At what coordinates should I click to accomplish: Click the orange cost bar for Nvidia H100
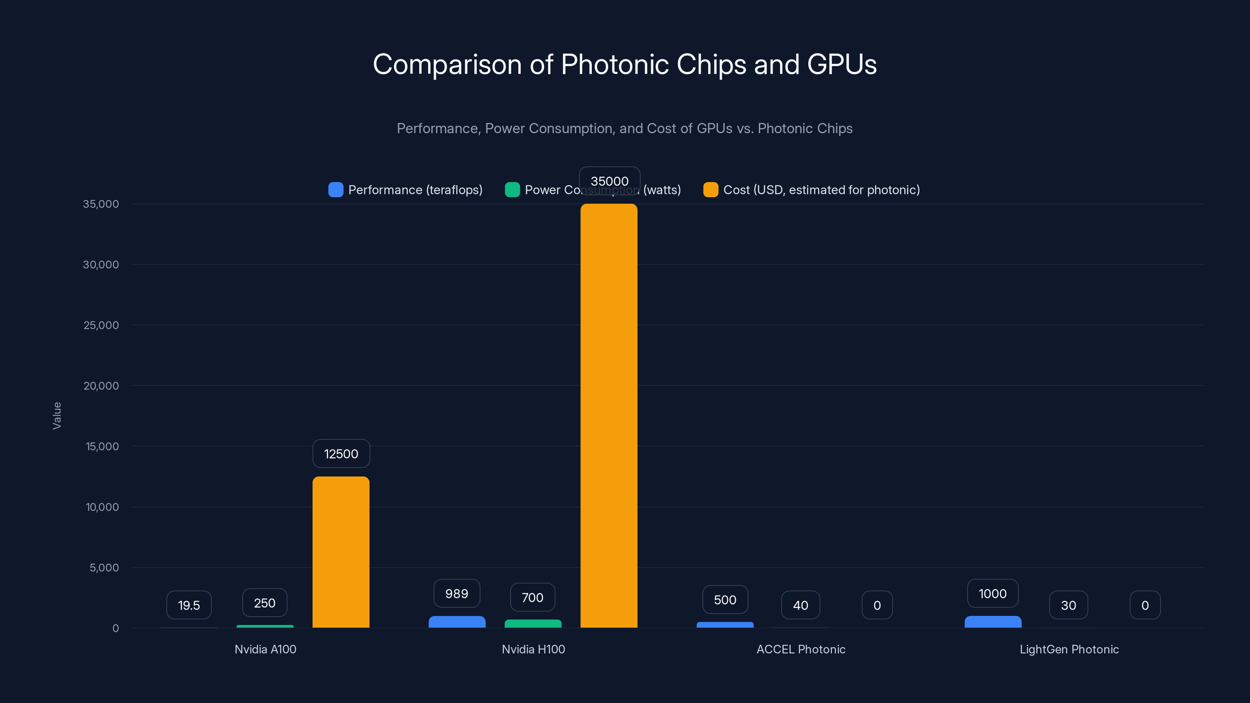tap(609, 417)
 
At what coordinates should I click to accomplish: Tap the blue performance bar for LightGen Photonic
tap(993, 622)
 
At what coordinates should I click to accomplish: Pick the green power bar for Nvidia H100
tap(533, 623)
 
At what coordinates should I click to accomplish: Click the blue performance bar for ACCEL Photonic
tap(725, 625)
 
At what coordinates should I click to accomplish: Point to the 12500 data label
tap(341, 453)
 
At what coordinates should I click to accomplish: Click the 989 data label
tap(457, 593)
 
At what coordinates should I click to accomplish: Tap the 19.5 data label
tap(189, 605)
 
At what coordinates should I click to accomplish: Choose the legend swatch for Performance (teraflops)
tap(336, 190)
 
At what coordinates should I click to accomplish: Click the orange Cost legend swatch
tap(711, 190)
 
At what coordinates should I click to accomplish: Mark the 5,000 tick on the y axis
tap(104, 567)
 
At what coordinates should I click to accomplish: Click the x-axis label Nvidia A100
tap(266, 649)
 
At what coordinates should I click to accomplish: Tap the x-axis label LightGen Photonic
tap(1069, 649)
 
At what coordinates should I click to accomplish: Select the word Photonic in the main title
tap(614, 64)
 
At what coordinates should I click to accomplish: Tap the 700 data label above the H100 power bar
tap(532, 597)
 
